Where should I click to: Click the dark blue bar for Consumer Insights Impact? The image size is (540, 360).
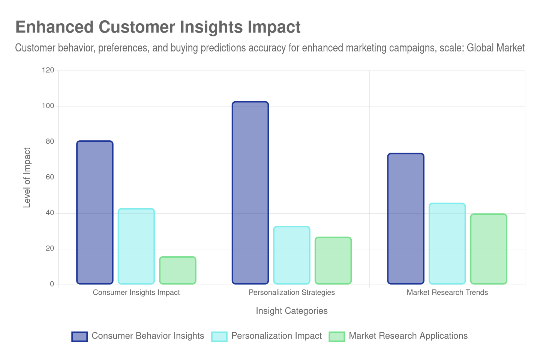[95, 212]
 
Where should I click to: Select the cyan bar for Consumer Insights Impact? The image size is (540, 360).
[136, 246]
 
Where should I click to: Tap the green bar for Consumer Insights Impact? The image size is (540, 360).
[178, 270]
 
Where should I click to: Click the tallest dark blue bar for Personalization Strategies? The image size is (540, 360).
[250, 193]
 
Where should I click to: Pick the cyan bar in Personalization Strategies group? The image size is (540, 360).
[292, 255]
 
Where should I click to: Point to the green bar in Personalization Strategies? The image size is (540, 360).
[333, 260]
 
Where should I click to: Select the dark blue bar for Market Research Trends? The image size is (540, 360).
[406, 219]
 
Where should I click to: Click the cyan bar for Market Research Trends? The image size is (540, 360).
[447, 243]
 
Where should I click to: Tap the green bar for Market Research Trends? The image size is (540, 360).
[489, 249]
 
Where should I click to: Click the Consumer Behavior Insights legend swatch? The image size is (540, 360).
[79, 336]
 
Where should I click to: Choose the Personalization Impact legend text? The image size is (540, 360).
[276, 336]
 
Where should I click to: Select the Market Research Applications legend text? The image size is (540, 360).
[408, 336]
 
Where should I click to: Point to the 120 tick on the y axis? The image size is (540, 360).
[48, 70]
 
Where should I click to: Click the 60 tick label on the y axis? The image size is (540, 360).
[50, 177]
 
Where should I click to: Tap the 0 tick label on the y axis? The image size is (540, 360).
[52, 284]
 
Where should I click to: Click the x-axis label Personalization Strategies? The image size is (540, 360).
[292, 292]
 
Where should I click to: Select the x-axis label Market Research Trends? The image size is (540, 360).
[447, 292]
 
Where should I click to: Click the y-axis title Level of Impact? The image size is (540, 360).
[27, 177]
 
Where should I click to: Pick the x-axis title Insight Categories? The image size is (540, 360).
[292, 311]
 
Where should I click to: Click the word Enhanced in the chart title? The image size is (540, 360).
[54, 27]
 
